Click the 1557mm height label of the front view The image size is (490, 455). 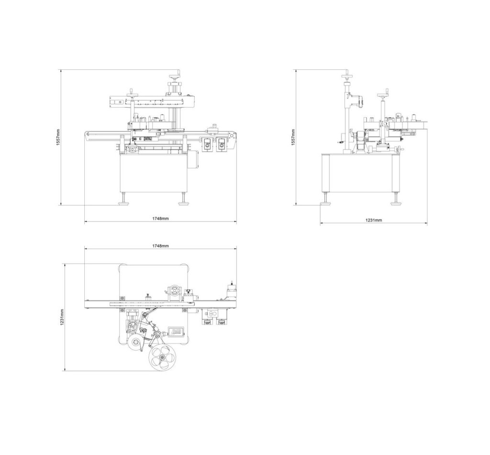pyautogui.click(x=57, y=137)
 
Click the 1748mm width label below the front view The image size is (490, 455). pyautogui.click(x=160, y=218)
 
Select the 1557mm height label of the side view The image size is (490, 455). pyautogui.click(x=293, y=137)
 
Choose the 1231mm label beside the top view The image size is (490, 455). pyautogui.click(x=62, y=317)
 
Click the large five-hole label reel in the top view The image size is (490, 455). pyautogui.click(x=162, y=357)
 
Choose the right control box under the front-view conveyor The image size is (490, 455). pyautogui.click(x=222, y=143)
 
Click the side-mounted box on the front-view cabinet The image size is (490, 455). pyautogui.click(x=194, y=159)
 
